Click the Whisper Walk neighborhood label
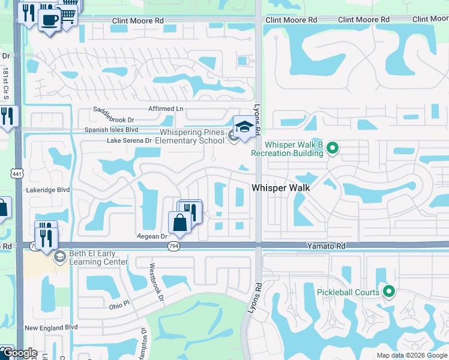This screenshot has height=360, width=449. pos(280,188)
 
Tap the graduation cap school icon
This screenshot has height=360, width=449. pos(244,127)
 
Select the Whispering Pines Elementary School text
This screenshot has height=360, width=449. pos(191,136)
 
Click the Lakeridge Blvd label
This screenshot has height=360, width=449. pos(48,190)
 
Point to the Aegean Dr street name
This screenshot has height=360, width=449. pos(151,236)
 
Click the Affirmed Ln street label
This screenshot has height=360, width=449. pos(166,109)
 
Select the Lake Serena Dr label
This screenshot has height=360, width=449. pos(129,140)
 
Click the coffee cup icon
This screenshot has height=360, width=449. pos(49,19)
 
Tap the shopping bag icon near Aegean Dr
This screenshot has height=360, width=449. pos(179,222)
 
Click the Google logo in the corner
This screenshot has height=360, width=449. pos(19,353)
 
